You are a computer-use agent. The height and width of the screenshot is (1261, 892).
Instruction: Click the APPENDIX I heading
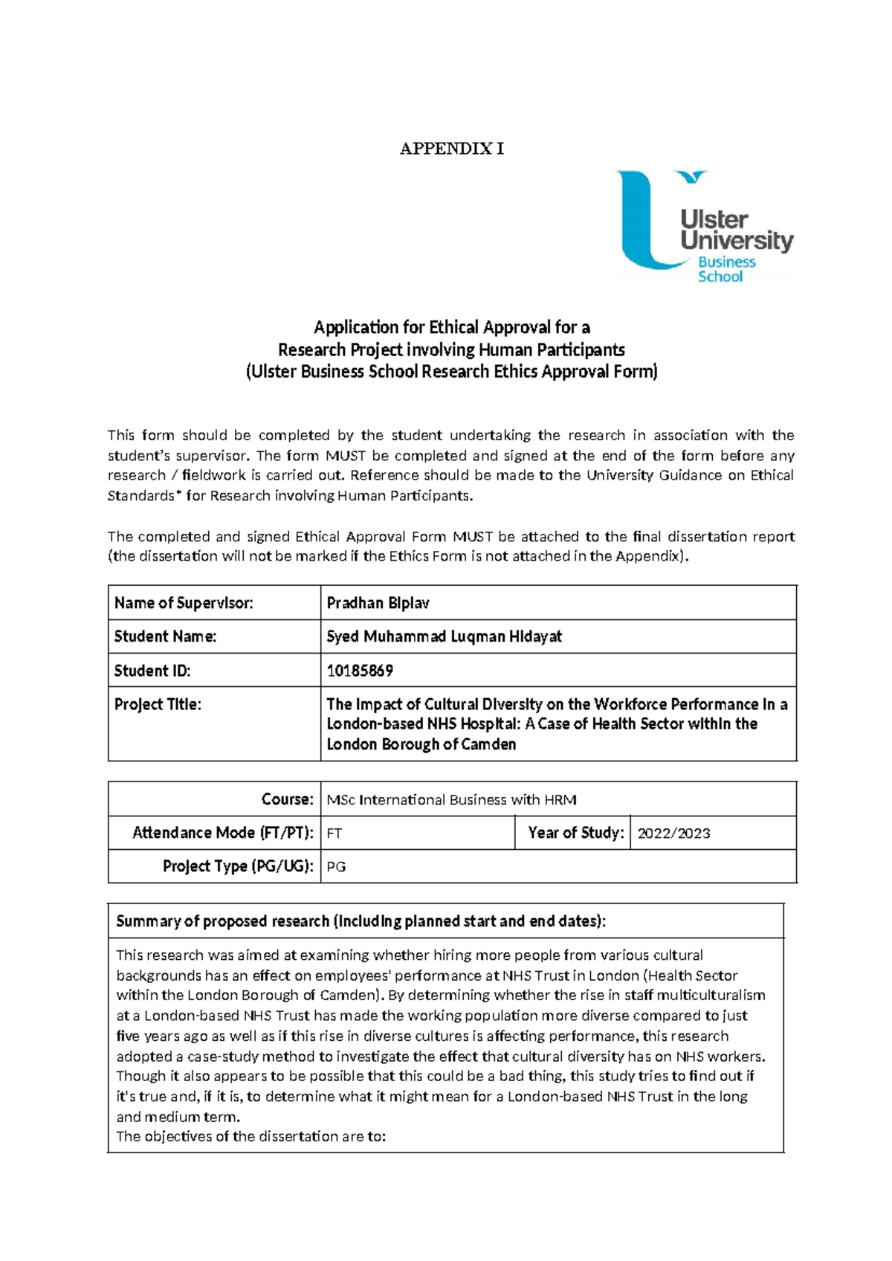click(x=451, y=149)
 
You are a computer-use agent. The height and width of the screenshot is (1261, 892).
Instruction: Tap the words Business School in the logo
click(x=725, y=269)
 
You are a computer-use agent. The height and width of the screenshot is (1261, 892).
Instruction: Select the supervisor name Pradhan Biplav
click(x=378, y=603)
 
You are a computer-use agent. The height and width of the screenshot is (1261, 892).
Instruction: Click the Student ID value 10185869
click(x=360, y=671)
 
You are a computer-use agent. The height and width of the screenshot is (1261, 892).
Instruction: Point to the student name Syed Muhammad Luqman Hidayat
click(x=444, y=636)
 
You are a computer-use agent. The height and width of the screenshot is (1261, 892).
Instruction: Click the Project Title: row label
click(x=158, y=704)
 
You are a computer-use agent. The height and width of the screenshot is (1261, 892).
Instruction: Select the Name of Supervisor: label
click(x=184, y=603)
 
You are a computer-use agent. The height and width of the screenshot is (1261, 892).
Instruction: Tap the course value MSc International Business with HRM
click(x=451, y=800)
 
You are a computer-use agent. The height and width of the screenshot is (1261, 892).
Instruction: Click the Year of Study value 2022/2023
click(x=673, y=833)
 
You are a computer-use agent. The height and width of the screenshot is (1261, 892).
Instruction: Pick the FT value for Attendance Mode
click(x=334, y=833)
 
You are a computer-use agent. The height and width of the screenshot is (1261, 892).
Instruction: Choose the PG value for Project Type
click(x=336, y=867)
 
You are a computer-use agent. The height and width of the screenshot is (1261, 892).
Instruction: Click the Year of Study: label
click(x=575, y=833)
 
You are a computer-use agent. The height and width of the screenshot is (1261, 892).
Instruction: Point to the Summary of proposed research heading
click(x=361, y=921)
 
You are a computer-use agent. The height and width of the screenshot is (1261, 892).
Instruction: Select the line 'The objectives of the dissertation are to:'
click(x=251, y=1136)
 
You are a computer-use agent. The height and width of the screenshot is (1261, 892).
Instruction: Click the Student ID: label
click(x=152, y=671)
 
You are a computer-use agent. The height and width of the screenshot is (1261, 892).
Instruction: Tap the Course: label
click(x=287, y=799)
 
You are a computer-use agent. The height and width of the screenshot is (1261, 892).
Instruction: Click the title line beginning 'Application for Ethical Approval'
click(x=451, y=327)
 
